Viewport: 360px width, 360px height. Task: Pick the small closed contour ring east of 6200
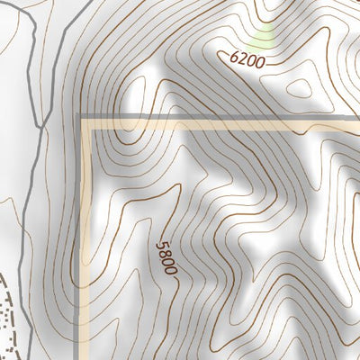pos(299,88)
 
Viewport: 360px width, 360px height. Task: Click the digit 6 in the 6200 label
pos(235,56)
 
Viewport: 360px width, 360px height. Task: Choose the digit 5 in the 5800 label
pos(162,244)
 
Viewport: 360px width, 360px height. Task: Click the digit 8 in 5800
pos(165,252)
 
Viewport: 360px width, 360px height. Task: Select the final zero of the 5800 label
pos(171,269)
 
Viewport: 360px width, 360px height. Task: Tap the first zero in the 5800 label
pos(168,261)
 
